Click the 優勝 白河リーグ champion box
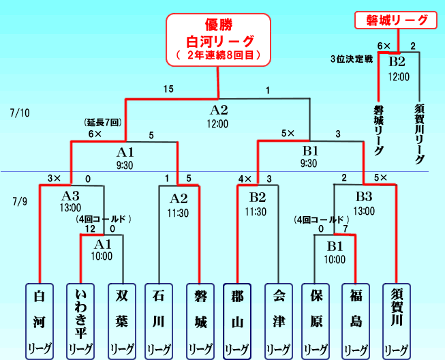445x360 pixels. (x=219, y=40)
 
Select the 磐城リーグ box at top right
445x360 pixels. (x=395, y=20)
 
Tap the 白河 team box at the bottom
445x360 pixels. (x=40, y=320)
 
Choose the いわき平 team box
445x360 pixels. (x=79, y=320)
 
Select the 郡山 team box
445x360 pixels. (x=238, y=320)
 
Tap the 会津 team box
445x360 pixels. (x=277, y=320)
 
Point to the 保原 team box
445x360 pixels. (x=316, y=320)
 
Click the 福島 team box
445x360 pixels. (x=355, y=320)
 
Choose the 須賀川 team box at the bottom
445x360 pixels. (x=395, y=320)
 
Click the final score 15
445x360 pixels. (x=168, y=89)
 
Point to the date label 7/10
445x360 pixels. (x=20, y=111)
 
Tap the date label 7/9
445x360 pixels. (x=21, y=202)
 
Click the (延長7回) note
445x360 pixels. (x=103, y=123)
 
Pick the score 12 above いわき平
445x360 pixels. (x=81, y=229)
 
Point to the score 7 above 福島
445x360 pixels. (x=346, y=229)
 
